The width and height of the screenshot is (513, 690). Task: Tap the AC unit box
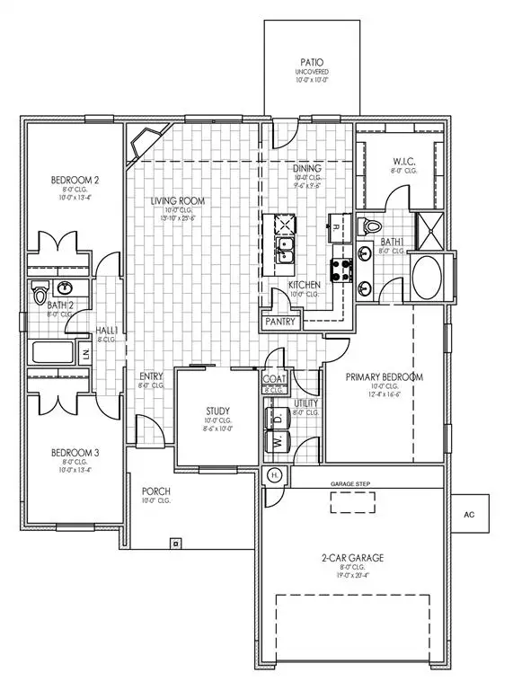[468, 516]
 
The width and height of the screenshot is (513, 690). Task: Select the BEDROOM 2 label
[75, 181]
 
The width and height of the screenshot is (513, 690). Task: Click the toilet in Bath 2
[39, 293]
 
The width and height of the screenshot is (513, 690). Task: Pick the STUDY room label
[219, 411]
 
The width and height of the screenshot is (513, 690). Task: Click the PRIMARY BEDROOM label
[385, 377]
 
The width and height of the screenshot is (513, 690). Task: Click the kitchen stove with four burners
[342, 267]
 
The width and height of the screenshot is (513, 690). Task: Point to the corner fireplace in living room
[146, 143]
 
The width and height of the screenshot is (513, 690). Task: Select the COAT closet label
[274, 380]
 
